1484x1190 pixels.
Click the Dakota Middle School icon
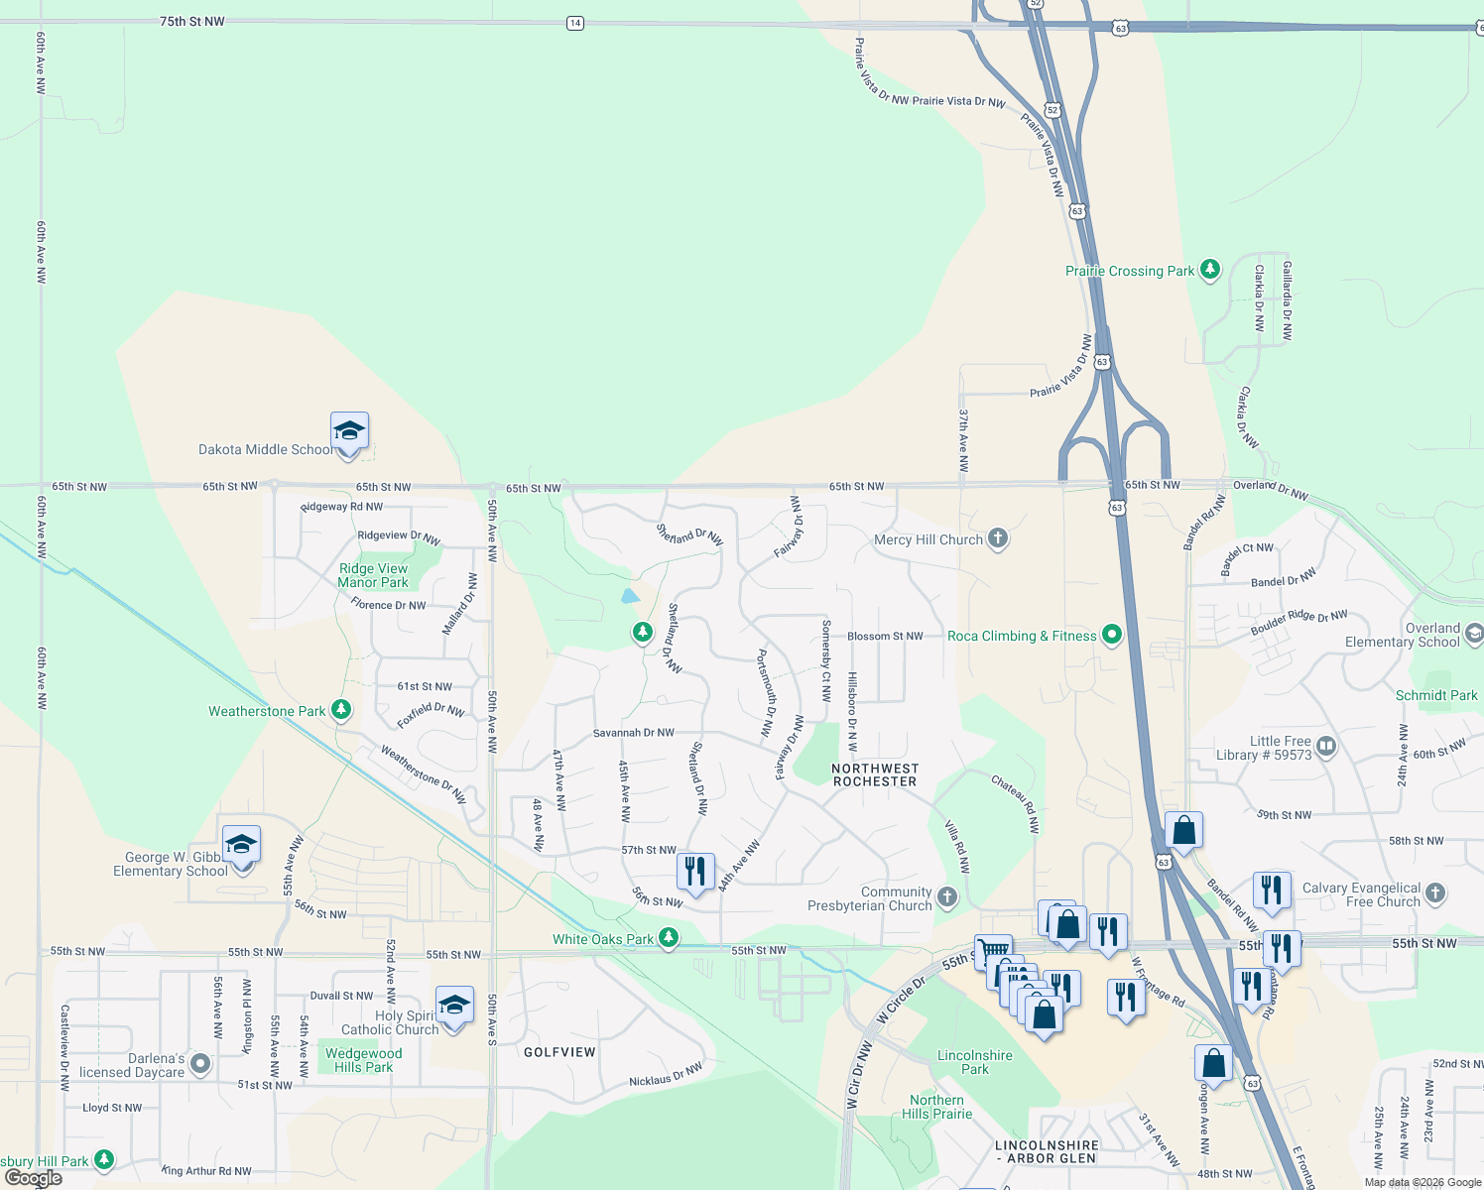(x=349, y=432)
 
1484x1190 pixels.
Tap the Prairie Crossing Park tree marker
(x=1209, y=270)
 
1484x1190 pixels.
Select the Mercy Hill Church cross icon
(x=998, y=538)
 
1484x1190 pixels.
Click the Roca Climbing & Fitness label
(x=1022, y=636)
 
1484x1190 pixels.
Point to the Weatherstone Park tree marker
(x=341, y=710)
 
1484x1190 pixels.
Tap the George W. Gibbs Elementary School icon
(x=241, y=846)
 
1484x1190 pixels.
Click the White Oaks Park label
(x=603, y=939)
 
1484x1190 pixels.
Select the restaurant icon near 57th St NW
(x=695, y=872)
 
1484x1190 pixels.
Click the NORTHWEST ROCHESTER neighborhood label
(x=875, y=774)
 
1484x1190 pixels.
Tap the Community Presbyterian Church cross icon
(x=947, y=897)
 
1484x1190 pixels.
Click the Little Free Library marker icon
(x=1327, y=746)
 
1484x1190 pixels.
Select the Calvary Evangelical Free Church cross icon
(x=1435, y=892)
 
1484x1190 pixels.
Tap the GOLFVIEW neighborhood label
(x=559, y=1052)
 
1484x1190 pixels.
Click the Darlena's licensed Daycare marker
(x=200, y=1064)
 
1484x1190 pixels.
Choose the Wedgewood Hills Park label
(x=363, y=1060)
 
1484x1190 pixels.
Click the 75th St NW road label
(x=192, y=21)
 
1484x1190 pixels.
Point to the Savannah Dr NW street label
(x=633, y=733)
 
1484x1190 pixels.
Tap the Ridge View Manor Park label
(x=373, y=575)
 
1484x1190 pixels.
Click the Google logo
(x=33, y=1178)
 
